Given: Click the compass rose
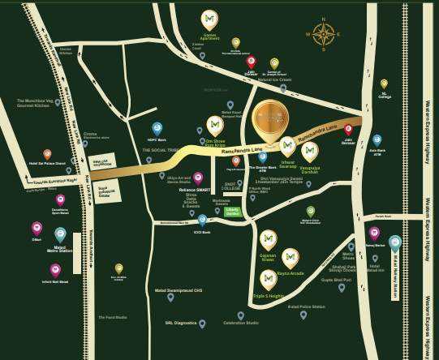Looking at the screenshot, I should tap(324, 34).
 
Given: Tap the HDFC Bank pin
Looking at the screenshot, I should tap(157, 128).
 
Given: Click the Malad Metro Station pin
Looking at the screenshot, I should tap(60, 234).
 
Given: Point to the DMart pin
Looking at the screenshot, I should tap(37, 229).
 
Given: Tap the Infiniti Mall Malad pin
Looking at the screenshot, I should tap(55, 269).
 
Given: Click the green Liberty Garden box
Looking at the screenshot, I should tap(233, 212).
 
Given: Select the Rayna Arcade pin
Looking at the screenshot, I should tap(290, 258).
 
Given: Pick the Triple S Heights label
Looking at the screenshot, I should tap(269, 297).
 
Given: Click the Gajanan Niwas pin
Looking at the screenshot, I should tap(268, 239).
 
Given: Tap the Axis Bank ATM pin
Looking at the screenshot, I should tap(377, 140).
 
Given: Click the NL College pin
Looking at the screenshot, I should tap(384, 84).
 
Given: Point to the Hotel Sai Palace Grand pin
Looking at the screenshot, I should tap(47, 154).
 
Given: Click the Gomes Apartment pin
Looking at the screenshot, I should tap(209, 19).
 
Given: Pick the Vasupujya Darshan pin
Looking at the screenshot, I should tap(309, 151).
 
